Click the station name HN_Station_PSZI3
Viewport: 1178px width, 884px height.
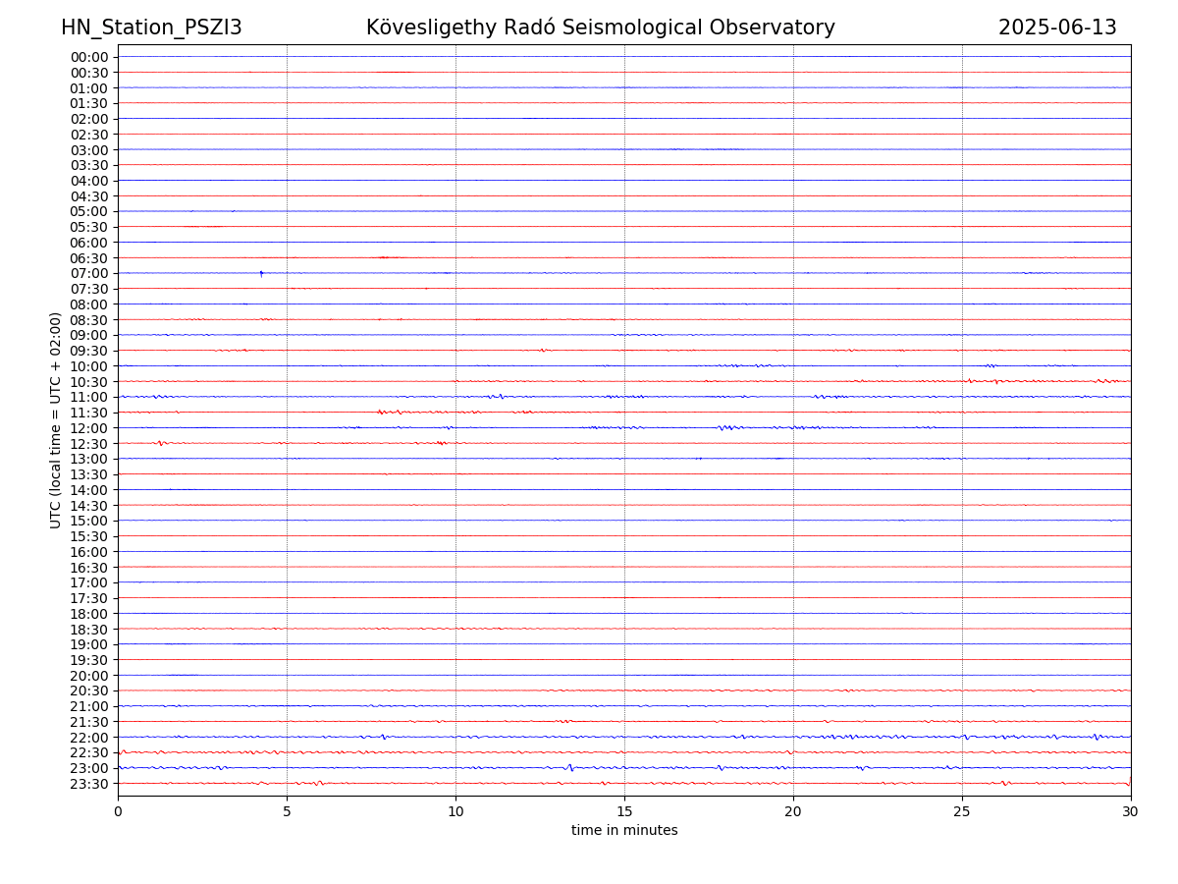pyautogui.click(x=151, y=28)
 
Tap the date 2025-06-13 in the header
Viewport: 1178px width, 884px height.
pyautogui.click(x=1057, y=28)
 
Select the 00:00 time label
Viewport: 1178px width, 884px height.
pyautogui.click(x=89, y=57)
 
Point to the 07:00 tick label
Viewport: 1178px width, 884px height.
pyautogui.click(x=89, y=273)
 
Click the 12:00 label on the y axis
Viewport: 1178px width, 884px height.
pyautogui.click(x=89, y=428)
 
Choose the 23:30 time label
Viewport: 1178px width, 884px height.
pyautogui.click(x=89, y=784)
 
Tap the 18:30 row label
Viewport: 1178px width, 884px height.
pyautogui.click(x=89, y=629)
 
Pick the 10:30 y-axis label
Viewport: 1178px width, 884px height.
pyautogui.click(x=89, y=381)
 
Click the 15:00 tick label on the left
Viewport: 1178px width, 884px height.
pyautogui.click(x=89, y=521)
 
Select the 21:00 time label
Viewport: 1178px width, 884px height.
pyautogui.click(x=89, y=706)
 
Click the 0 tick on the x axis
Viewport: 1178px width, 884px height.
pyautogui.click(x=118, y=811)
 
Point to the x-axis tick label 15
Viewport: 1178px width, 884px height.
pyautogui.click(x=624, y=811)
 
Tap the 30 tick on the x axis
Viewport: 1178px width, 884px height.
pyautogui.click(x=1131, y=811)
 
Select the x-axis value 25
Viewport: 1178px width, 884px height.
pyautogui.click(x=962, y=811)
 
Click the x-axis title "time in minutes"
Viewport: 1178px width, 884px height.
pyautogui.click(x=624, y=830)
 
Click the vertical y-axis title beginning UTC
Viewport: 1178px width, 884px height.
pyautogui.click(x=56, y=420)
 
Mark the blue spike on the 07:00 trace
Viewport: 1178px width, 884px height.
pyautogui.click(x=261, y=274)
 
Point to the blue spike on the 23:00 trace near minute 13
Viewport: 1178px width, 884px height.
pyautogui.click(x=570, y=768)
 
